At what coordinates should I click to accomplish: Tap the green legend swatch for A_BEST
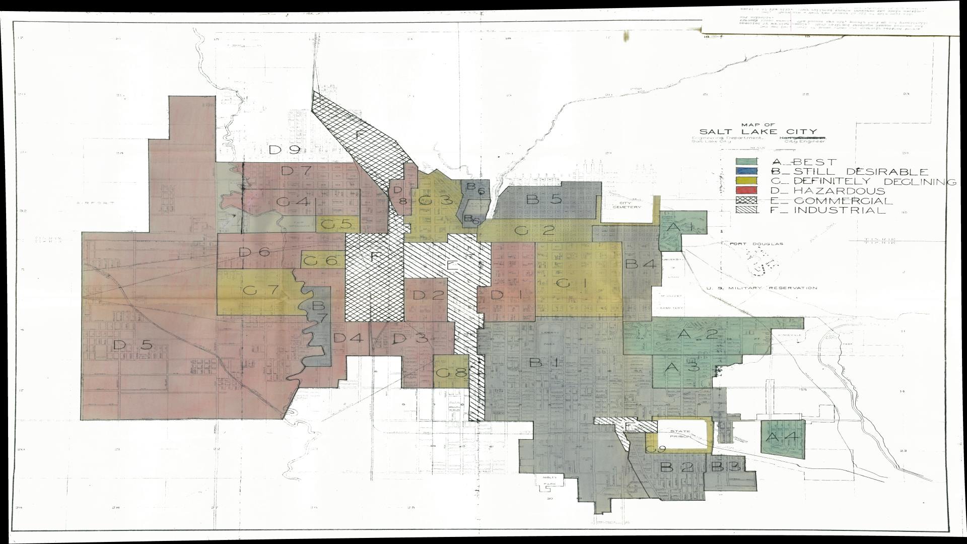click(746, 162)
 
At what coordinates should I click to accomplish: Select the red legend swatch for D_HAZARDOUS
click(746, 190)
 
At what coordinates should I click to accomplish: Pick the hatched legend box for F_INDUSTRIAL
click(746, 210)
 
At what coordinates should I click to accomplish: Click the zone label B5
click(543, 199)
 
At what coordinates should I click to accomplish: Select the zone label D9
click(284, 150)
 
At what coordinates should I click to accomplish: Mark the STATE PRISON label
click(680, 435)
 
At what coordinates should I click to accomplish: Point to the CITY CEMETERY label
click(626, 205)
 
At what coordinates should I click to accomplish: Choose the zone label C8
click(451, 373)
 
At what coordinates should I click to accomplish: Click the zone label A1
click(680, 228)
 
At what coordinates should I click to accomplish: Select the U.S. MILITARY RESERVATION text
click(762, 288)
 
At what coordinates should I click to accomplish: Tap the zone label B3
click(725, 466)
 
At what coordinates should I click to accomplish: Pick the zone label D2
click(429, 295)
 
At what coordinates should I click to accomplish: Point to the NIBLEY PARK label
click(547, 480)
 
